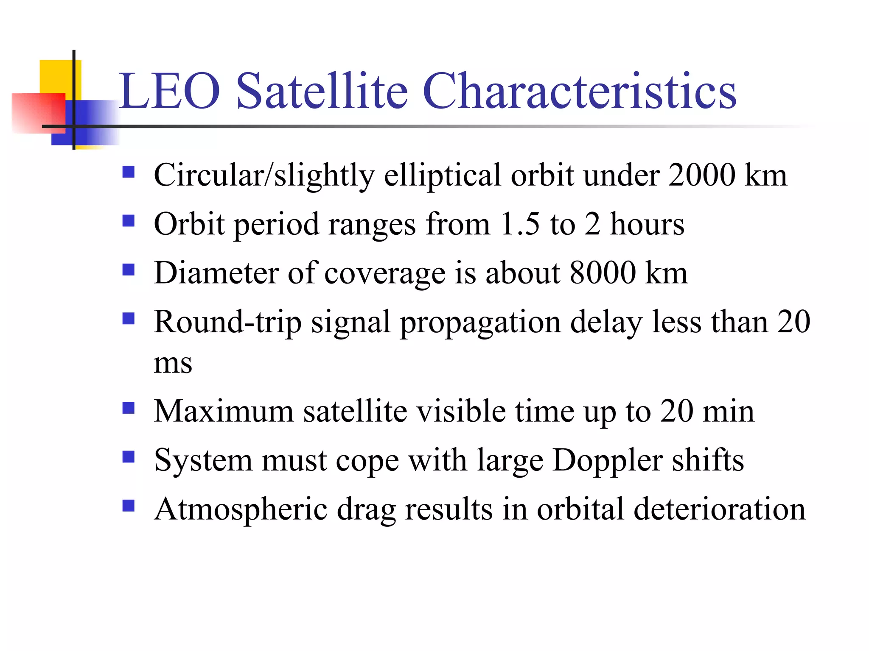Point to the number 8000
pos(603,273)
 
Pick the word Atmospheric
pos(241,509)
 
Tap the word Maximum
pos(224,411)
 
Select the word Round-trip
pos(227,322)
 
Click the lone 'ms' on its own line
pos(173,363)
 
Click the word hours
pos(647,224)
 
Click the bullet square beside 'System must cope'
pos(128,456)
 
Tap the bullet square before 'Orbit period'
pos(128,220)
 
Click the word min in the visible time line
pos(728,411)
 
